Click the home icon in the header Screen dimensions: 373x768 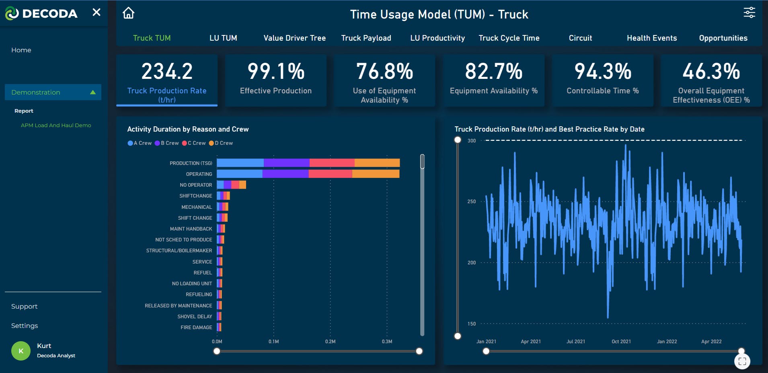pyautogui.click(x=128, y=13)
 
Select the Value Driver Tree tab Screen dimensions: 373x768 pyautogui.click(x=294, y=38)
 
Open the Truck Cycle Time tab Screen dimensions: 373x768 pyautogui.click(x=509, y=38)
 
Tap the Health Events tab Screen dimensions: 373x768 pyautogui.click(x=651, y=38)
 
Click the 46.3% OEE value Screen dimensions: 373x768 pyautogui.click(x=711, y=72)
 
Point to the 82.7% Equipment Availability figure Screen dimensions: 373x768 pyautogui.click(x=493, y=72)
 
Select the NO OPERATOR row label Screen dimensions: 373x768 pyautogui.click(x=196, y=185)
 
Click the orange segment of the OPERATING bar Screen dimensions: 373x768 pyautogui.click(x=376, y=174)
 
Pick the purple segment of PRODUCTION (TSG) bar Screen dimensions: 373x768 pyautogui.click(x=287, y=163)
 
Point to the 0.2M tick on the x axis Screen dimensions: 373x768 pyautogui.click(x=330, y=342)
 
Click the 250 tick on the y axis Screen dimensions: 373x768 pyautogui.click(x=471, y=202)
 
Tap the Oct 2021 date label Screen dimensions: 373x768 pyautogui.click(x=621, y=342)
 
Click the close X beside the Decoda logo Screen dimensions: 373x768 pyautogui.click(x=97, y=12)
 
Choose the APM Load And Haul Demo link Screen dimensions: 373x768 pyautogui.click(x=56, y=126)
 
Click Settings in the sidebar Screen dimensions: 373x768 pyautogui.click(x=25, y=326)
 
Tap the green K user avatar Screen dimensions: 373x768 pyautogui.click(x=21, y=351)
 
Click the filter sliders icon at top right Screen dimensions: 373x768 pyautogui.click(x=749, y=13)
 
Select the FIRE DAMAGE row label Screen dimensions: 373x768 pyautogui.click(x=196, y=328)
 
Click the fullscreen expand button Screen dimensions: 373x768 pyautogui.click(x=742, y=361)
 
